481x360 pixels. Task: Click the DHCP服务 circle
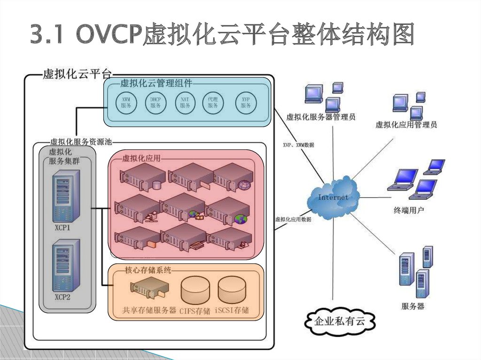click(155, 102)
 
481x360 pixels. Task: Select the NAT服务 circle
click(185, 102)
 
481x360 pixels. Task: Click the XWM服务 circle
click(126, 102)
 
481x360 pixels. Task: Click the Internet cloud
click(333, 197)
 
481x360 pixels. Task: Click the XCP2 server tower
click(66, 265)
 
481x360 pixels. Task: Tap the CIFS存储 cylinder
click(195, 290)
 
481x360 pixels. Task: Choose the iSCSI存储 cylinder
click(232, 289)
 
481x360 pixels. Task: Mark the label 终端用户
click(408, 210)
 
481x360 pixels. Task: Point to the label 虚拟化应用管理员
click(406, 125)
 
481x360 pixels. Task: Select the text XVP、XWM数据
click(298, 146)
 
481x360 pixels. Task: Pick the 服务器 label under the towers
click(412, 306)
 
